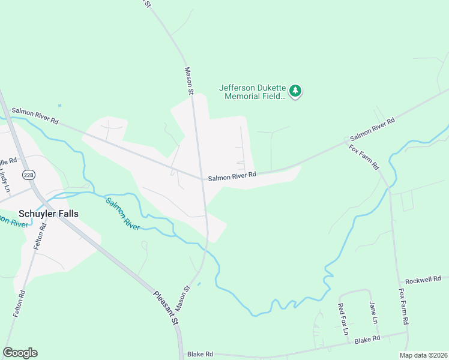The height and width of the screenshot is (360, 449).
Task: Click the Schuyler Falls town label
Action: tap(49, 214)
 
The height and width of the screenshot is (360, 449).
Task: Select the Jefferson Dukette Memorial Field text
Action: tap(252, 91)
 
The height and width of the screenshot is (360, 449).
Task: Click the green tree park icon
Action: tap(295, 91)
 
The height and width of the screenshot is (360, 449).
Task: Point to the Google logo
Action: tap(20, 352)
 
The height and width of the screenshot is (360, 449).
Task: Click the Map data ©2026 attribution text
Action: tap(423, 355)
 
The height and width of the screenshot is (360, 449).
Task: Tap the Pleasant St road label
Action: tap(166, 307)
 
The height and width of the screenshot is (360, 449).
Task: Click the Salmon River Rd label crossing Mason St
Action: tap(232, 176)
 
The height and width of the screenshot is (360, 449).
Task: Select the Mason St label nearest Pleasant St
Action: tap(185, 295)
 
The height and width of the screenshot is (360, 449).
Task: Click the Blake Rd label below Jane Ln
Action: tap(367, 338)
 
